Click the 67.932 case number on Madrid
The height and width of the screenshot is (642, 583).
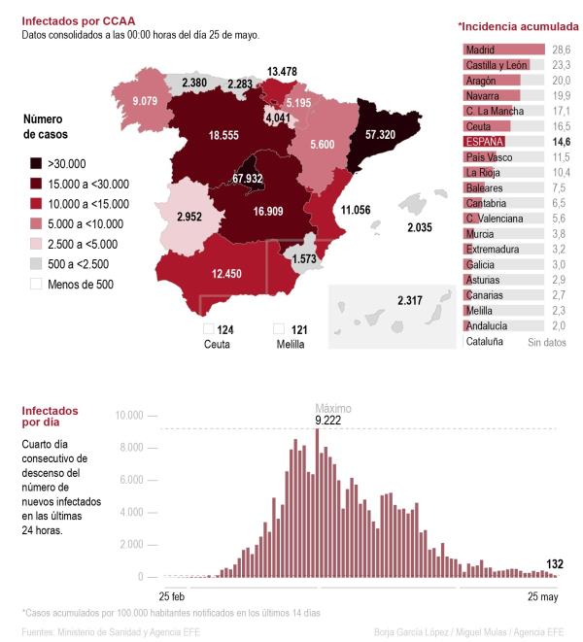[x=248, y=179]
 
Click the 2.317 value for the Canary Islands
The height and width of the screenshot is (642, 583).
[x=411, y=301]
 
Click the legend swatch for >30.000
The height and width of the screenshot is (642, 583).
[x=36, y=164]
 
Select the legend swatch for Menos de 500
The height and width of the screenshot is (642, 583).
[x=36, y=284]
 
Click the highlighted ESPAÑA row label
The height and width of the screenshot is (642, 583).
[x=484, y=142]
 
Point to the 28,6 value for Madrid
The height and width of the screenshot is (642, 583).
[x=561, y=49]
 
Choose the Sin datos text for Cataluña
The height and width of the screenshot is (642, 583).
[x=546, y=342]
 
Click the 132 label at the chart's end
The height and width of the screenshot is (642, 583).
[x=555, y=563]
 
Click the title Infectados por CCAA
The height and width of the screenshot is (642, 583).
[x=79, y=19]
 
